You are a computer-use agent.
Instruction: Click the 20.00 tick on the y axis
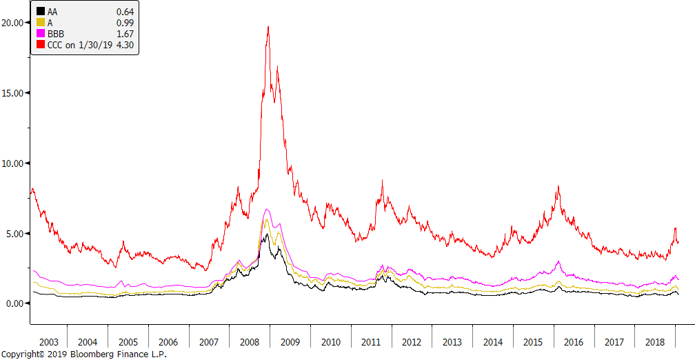[x=14, y=22]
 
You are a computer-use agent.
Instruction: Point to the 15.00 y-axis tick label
[x=14, y=92]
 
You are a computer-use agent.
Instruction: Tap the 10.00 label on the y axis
[x=14, y=163]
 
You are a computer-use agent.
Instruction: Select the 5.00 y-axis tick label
[x=16, y=233]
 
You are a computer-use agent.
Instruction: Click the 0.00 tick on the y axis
[x=16, y=303]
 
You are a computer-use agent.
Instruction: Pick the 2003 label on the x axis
[x=48, y=342]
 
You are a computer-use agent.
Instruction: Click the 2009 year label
[x=291, y=342]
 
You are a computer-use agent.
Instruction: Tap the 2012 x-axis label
[x=412, y=342]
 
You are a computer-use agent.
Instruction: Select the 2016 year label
[x=574, y=342]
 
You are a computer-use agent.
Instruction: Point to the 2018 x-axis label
[x=654, y=342]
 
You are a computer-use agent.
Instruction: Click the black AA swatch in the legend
[x=41, y=11]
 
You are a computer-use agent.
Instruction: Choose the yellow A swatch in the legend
[x=41, y=22]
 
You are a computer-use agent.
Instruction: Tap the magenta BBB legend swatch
[x=41, y=33]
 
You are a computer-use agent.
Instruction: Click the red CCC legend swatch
[x=41, y=44]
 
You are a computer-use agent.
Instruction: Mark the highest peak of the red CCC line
[x=268, y=26]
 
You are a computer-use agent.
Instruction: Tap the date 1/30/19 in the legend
[x=95, y=44]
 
